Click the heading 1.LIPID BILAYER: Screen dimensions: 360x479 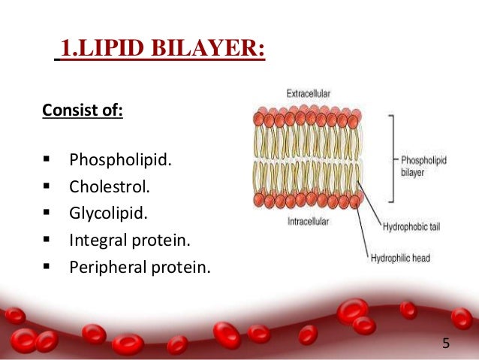[162, 52]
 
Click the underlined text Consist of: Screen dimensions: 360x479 [83, 112]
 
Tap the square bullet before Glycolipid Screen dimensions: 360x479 [47, 213]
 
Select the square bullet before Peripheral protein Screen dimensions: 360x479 [47, 267]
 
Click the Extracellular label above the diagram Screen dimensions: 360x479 [309, 94]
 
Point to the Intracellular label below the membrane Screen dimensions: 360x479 [308, 222]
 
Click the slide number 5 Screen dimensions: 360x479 [446, 343]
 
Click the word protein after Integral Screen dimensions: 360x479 [167, 241]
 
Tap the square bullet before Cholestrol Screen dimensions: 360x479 [47, 186]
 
